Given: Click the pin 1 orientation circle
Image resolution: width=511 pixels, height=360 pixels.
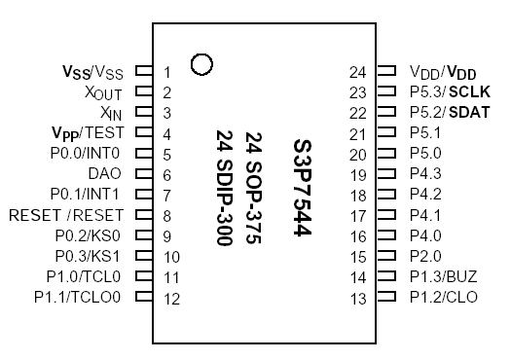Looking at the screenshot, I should pos(202,64).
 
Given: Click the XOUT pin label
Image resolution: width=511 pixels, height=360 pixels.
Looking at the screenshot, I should pos(103,92).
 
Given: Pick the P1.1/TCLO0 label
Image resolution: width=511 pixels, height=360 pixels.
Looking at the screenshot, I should pos(77,297).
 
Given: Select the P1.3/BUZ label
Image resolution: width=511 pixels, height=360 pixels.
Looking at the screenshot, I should pos(444,276).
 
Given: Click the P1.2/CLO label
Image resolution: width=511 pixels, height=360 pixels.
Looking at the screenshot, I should pos(444,297).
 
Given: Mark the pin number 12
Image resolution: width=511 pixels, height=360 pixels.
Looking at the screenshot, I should pos(171,298).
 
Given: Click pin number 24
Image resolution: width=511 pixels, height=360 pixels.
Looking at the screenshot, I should pos(357,72).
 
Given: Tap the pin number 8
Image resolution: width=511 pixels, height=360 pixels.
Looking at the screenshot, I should pos(167,216).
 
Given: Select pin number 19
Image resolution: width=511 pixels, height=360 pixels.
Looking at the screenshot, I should pos(357,174).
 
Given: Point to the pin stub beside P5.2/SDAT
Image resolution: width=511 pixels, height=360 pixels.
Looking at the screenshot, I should pos(386,113).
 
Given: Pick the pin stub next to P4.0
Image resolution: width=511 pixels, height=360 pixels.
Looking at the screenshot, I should pos(386,235).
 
